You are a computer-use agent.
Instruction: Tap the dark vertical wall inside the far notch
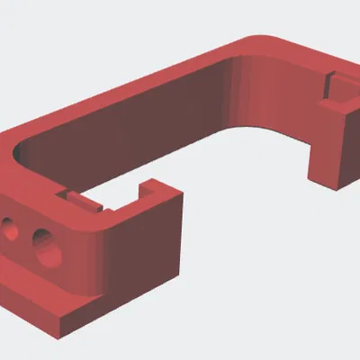point(330,86)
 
